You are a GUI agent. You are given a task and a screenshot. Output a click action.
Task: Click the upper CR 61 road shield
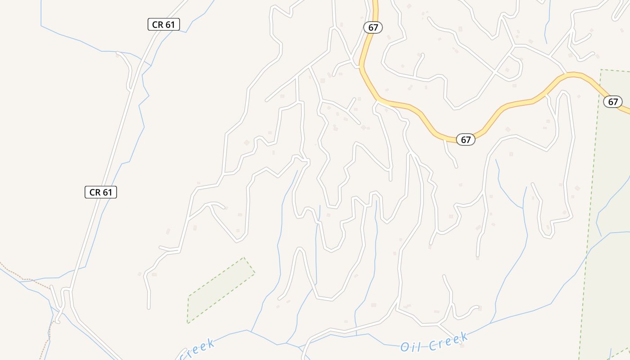coord(163,24)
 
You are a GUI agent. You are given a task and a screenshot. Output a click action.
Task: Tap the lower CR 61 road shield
coord(101,192)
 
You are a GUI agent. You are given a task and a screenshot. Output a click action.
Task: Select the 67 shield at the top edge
coord(373,27)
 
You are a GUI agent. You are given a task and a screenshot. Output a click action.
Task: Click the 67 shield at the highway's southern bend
coord(466,139)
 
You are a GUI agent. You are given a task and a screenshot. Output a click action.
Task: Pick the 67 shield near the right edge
coord(613,102)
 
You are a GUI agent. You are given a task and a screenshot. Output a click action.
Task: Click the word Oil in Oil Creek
coord(411,347)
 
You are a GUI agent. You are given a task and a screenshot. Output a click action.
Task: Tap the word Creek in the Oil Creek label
coord(448,342)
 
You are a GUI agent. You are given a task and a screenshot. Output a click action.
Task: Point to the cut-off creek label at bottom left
coord(196,350)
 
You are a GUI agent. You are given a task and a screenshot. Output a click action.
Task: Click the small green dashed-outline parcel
coord(220,290)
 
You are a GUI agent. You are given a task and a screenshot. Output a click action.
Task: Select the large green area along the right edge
coord(607,225)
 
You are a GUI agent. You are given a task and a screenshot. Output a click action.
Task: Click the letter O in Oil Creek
coord(405,347)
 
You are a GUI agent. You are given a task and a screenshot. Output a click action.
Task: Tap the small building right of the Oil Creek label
coord(462,345)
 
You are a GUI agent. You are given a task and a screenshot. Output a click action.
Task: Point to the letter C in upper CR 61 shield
coord(155,24)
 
